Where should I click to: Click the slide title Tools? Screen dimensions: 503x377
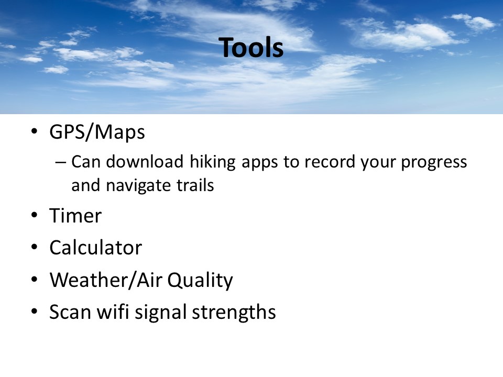tap(251, 48)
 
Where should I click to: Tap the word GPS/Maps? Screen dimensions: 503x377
tap(97, 132)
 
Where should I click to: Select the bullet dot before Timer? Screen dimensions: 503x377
tap(35, 215)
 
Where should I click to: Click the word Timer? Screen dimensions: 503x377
tap(75, 215)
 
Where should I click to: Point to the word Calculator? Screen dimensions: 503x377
tap(95, 248)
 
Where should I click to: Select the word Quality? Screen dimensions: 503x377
tap(200, 281)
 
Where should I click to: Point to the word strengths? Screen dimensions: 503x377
tap(234, 312)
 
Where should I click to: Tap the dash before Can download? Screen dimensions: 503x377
tap(60, 162)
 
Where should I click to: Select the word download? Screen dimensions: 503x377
tap(145, 161)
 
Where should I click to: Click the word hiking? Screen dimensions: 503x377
tap(213, 162)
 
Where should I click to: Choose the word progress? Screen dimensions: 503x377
tap(434, 162)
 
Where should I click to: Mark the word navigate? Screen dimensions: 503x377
tap(138, 186)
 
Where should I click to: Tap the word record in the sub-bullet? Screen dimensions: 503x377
tap(330, 162)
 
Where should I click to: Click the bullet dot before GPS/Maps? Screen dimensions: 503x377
tap(35, 131)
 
